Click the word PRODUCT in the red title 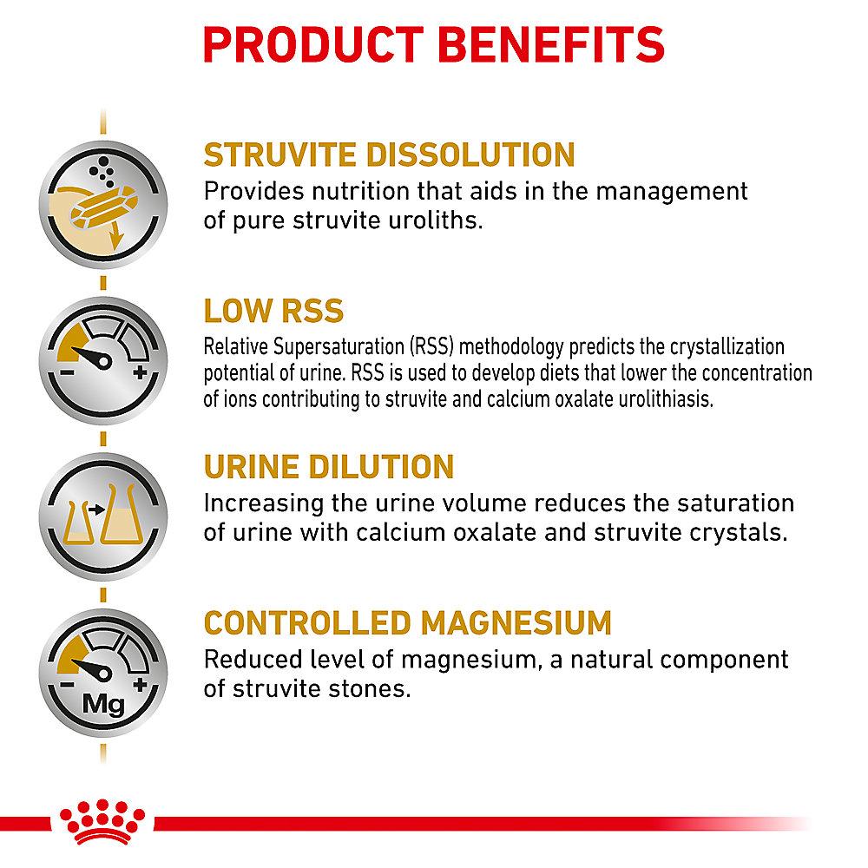click(x=314, y=44)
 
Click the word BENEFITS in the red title click(x=551, y=44)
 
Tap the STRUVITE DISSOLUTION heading click(x=389, y=155)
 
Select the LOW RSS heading click(x=273, y=311)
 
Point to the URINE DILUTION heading click(x=329, y=467)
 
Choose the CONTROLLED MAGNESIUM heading click(x=407, y=622)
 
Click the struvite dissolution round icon click(x=103, y=204)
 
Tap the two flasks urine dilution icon click(x=103, y=516)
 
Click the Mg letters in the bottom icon click(x=103, y=705)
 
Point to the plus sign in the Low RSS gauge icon click(x=140, y=372)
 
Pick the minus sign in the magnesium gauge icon click(x=67, y=685)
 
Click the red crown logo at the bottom click(x=102, y=822)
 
